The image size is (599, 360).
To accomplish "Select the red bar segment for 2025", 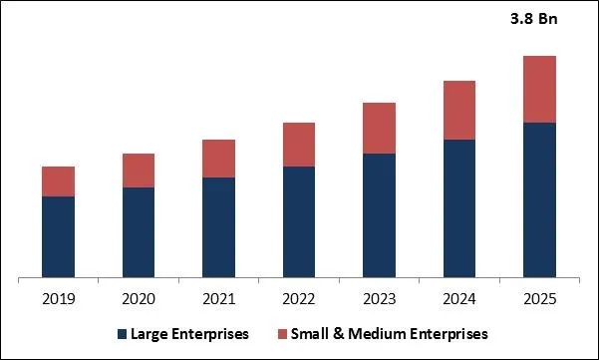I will pos(538,89).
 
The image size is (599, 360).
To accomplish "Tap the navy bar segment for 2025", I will pos(538,199).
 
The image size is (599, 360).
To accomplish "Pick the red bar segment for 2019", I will pos(59,181).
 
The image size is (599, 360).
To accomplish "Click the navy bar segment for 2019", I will pos(59,236).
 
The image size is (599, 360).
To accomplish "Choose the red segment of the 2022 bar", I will pos(299,145).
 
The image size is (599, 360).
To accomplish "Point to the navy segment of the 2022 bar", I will pos(299,221).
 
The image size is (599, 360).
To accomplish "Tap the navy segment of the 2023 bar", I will pos(379,215).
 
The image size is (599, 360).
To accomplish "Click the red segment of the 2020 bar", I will pos(139,171).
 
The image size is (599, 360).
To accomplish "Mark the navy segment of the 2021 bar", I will pos(218,227).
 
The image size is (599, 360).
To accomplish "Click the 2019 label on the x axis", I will pos(59,298).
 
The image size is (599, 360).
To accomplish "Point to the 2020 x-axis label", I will pos(139,298).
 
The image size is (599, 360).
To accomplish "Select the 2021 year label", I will pos(218,298).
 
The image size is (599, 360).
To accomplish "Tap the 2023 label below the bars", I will pos(379,298).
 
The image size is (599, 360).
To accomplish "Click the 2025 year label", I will pos(538,298).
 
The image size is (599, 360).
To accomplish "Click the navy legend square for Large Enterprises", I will pos(123,333).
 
